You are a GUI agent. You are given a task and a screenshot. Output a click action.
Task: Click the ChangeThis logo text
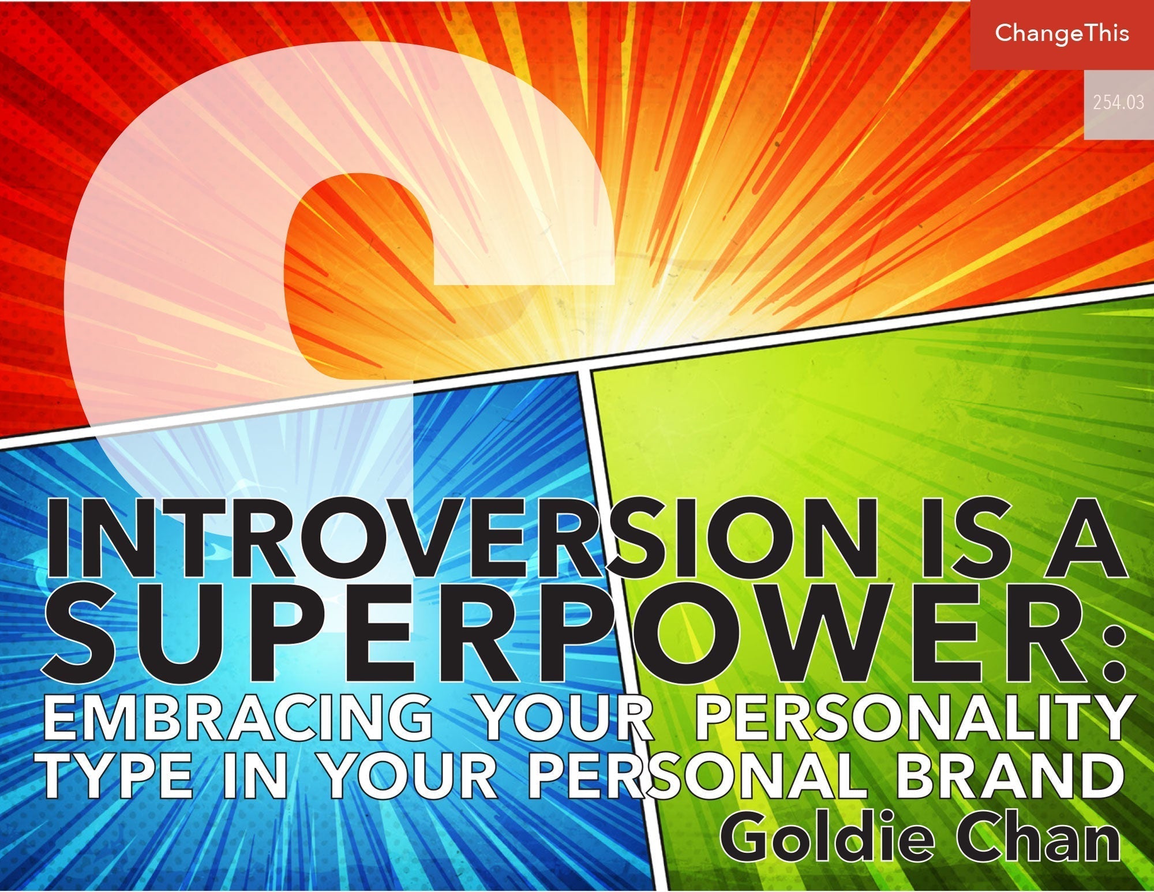[1062, 33]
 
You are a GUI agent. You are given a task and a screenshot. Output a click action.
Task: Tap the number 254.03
[1118, 103]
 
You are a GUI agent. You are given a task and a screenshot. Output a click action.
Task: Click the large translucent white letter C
[173, 231]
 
